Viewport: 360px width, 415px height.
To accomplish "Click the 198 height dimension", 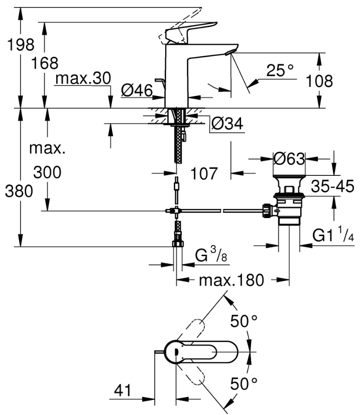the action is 21,44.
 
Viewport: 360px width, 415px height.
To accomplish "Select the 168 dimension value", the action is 45,63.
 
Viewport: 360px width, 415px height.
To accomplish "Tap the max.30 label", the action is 83,78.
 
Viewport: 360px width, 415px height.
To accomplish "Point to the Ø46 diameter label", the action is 137,90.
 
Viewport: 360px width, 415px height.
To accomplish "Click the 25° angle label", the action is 280,70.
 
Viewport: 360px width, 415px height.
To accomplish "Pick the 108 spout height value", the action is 319,81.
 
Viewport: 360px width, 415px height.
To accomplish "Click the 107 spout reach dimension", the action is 204,173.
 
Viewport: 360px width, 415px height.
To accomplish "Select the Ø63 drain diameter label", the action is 289,159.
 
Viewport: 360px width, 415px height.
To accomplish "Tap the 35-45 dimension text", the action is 332,186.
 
